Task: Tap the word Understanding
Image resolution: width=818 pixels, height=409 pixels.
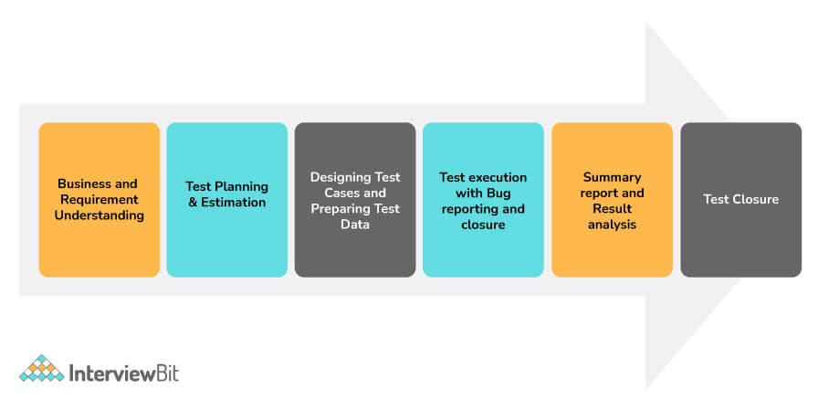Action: (100, 215)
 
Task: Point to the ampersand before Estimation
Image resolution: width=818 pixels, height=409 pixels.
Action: (193, 203)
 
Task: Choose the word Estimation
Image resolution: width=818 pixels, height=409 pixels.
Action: (234, 203)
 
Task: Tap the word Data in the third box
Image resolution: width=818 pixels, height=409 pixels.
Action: (355, 225)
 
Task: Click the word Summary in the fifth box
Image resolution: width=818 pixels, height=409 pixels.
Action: (612, 177)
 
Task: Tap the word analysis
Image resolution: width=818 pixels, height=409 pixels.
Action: (612, 225)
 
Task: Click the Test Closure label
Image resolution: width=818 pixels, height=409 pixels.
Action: (740, 199)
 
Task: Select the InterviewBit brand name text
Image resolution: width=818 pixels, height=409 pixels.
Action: (124, 373)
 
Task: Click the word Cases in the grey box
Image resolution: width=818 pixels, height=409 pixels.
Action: (341, 193)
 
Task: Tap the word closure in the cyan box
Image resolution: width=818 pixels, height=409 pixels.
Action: (483, 225)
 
